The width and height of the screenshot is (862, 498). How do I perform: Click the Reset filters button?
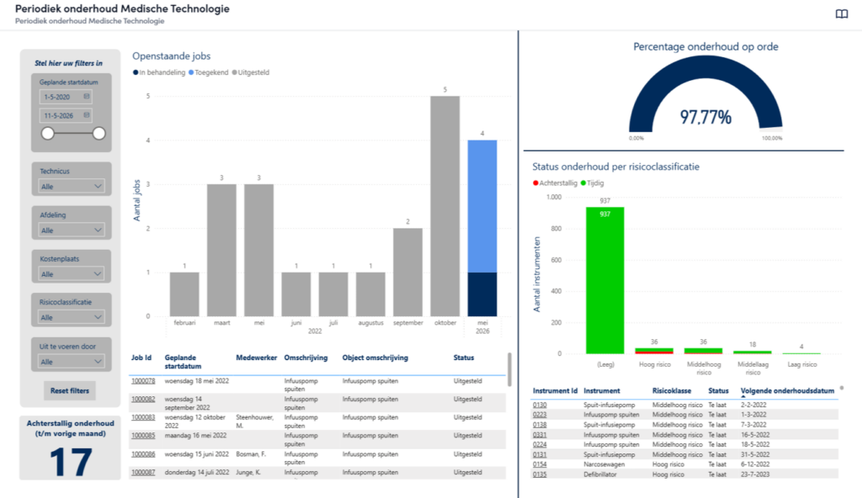(x=70, y=391)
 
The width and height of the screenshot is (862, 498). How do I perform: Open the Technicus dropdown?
(x=72, y=187)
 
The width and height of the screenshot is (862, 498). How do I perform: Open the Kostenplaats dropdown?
(x=72, y=273)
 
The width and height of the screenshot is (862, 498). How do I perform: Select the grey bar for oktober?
(x=444, y=206)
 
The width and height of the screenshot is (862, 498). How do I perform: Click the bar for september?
(x=408, y=272)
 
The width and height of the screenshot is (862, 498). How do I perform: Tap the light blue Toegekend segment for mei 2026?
(x=482, y=206)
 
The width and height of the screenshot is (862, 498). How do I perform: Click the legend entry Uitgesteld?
(x=251, y=72)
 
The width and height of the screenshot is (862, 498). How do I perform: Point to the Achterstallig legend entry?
(x=556, y=183)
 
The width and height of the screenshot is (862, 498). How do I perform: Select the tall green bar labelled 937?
(x=604, y=280)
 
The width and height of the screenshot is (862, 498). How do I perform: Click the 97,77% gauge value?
(x=705, y=117)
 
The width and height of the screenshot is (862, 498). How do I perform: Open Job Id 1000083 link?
(x=143, y=417)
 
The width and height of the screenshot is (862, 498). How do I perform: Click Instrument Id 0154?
(x=540, y=464)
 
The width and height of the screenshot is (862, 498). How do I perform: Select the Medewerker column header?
(x=256, y=358)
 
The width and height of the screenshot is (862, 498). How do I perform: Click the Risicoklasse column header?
(x=672, y=391)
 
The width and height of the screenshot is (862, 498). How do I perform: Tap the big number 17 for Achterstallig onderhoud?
(x=71, y=462)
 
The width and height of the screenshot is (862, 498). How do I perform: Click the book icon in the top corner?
(x=842, y=13)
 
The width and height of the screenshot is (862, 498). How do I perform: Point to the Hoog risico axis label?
(x=655, y=364)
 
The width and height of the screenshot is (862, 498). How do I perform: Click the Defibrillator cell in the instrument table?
(x=599, y=474)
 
